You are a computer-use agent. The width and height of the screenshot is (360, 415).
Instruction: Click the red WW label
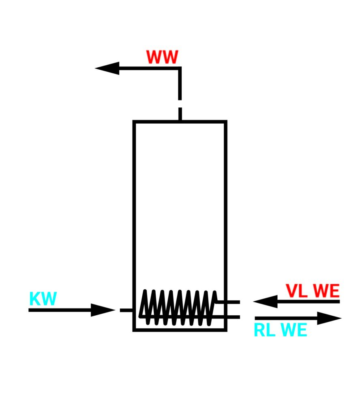162,58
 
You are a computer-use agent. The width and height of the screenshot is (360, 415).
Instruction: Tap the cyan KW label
43,299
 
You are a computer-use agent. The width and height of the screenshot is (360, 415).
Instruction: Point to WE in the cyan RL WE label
294,331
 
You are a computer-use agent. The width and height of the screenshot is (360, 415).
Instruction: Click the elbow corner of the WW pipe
180,68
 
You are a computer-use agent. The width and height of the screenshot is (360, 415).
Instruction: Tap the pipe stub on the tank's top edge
180,114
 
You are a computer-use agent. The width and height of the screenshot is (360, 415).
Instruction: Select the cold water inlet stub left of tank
126,310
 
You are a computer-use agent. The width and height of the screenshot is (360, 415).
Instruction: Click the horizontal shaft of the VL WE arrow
308,302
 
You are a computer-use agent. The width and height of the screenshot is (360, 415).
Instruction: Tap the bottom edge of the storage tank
180,330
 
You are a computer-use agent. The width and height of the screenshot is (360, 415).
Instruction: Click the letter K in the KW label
35,299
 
